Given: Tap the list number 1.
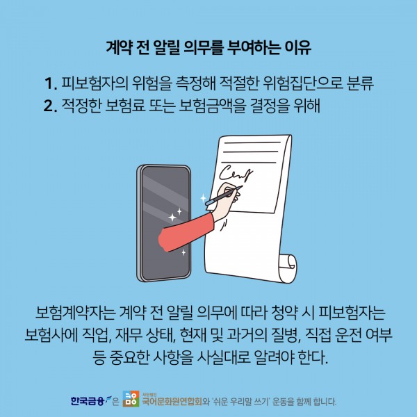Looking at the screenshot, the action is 51,83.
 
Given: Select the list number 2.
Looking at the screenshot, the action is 51,106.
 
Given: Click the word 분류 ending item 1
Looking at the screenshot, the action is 360,83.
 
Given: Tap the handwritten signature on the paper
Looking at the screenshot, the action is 236,174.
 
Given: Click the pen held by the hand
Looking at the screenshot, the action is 224,196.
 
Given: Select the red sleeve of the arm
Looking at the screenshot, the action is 186,232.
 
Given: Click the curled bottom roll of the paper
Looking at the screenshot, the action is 288,268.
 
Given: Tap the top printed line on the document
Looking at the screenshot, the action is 252,142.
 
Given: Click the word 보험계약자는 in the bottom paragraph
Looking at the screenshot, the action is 75,313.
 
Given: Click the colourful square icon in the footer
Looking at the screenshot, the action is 131,399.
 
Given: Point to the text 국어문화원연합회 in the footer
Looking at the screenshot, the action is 172,401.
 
